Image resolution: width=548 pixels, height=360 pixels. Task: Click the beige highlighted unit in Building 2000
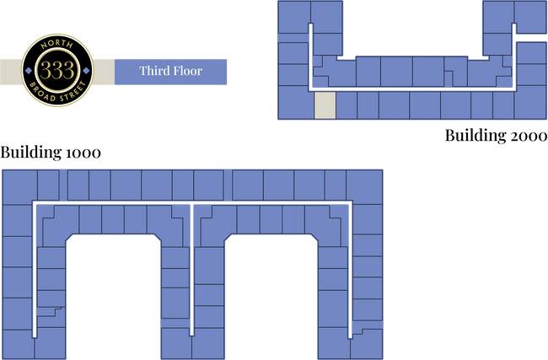coord(325,105)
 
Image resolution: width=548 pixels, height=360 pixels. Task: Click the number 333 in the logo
coord(57,70)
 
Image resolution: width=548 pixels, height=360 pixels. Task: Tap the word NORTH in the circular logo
coord(57,45)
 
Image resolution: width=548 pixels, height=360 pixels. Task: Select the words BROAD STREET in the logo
coord(57,94)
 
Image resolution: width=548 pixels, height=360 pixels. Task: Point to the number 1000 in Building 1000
coord(83,153)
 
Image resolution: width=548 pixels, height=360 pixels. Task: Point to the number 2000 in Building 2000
coord(528,136)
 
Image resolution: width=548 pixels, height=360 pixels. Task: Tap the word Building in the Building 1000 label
coord(30,153)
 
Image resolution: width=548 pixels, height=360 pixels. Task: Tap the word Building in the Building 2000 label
coord(475,136)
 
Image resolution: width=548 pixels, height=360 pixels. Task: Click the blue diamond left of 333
coord(29,71)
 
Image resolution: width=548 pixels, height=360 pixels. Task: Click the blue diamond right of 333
coord(86,71)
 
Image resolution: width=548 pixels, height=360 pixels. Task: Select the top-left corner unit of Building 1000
coord(19,187)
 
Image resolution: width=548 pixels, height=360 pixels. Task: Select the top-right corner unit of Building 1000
coord(364,187)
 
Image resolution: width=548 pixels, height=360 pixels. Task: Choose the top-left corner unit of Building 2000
coord(294,17)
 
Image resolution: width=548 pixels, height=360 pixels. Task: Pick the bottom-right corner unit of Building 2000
coord(530,102)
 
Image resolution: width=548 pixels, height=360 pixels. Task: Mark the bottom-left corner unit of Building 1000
coord(19,344)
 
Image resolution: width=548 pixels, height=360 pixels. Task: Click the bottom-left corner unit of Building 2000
coord(296,102)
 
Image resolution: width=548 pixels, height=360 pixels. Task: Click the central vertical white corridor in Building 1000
coord(191,270)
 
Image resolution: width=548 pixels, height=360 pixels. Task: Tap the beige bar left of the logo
coord(11,72)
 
